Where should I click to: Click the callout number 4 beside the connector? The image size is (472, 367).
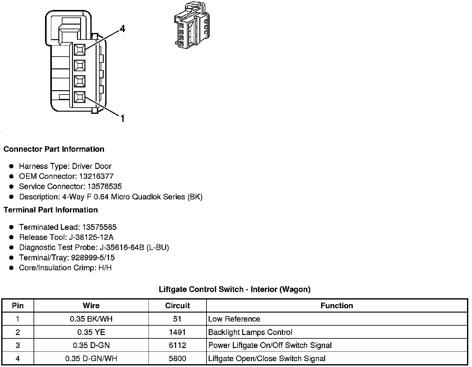pos(122,29)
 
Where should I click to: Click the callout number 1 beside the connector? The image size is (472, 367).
pos(122,118)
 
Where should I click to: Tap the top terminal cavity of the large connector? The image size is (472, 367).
pos(80,49)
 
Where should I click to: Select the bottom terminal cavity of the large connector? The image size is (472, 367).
pos(80,97)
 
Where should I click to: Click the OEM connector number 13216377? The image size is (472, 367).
pos(96,176)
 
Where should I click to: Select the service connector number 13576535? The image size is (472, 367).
pos(105,187)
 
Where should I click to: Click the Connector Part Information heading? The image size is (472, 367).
pos(54,149)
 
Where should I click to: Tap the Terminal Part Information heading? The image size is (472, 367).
pos(51,210)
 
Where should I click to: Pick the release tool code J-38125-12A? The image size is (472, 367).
pos(91,237)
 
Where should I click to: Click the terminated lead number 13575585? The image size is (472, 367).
pos(99,227)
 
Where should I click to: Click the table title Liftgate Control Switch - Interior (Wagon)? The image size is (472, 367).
pos(234,290)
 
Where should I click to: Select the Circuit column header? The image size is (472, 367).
pos(177,306)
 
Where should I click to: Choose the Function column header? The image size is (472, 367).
pos(337,306)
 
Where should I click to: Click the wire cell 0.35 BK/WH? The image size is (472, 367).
pos(91,319)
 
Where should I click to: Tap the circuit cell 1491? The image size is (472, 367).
pos(177,332)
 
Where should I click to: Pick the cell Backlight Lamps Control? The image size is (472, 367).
pos(250,332)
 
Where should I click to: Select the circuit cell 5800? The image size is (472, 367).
pos(177,359)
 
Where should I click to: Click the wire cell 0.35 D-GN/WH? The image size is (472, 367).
pos(91,359)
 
